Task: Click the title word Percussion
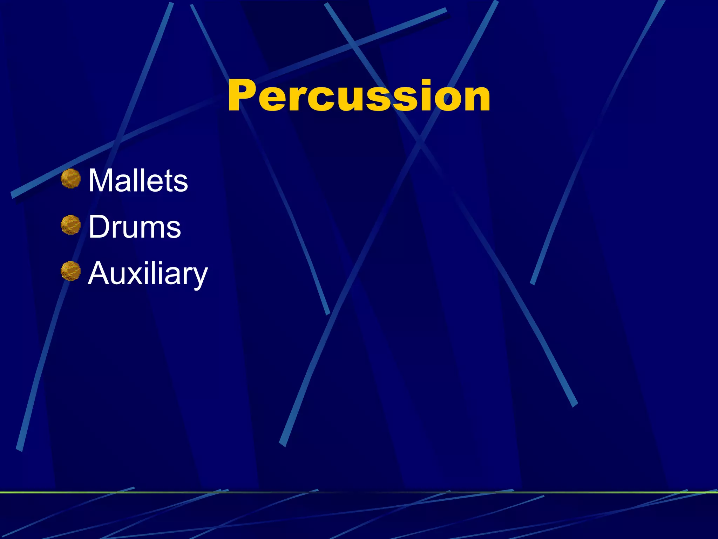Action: pyautogui.click(x=359, y=95)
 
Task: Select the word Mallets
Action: pyautogui.click(x=138, y=180)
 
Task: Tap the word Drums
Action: pyautogui.click(x=135, y=227)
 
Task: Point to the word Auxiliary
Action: pyautogui.click(x=148, y=274)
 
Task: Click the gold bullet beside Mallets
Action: pyautogui.click(x=70, y=179)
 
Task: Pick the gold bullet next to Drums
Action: pyautogui.click(x=70, y=225)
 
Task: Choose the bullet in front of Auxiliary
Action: pyautogui.click(x=70, y=271)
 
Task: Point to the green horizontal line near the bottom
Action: pyautogui.click(x=359, y=492)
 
